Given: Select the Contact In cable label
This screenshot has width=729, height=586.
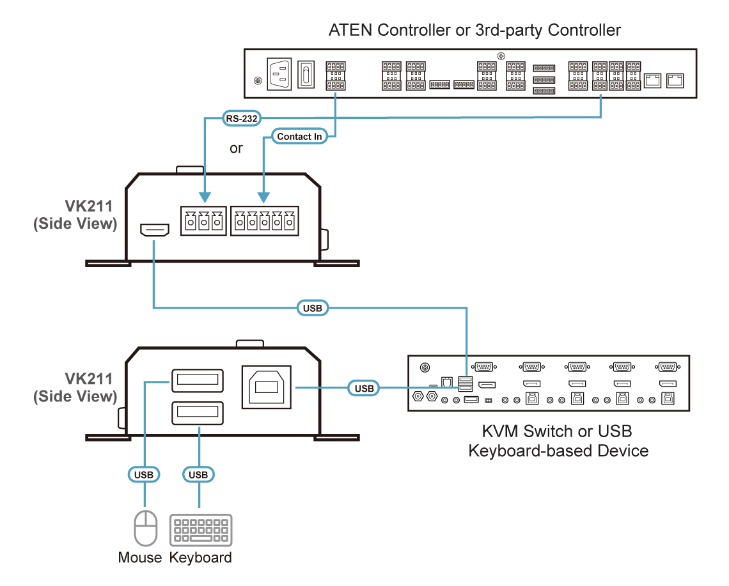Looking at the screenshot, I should tap(299, 136).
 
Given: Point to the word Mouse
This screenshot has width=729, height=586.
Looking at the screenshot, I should tap(141, 558).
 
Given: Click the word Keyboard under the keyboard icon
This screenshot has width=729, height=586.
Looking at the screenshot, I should tap(201, 558).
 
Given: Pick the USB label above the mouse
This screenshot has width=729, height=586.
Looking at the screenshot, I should tap(144, 475).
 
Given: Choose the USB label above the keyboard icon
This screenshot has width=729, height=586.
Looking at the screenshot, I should tap(199, 475).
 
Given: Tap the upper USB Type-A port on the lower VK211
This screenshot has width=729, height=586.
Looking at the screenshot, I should tap(198, 382).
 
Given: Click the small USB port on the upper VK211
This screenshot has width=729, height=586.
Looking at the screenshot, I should tap(153, 230).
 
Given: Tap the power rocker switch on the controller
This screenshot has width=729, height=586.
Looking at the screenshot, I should tap(307, 74).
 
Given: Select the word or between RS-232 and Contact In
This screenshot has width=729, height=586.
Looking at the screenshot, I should tap(237, 149).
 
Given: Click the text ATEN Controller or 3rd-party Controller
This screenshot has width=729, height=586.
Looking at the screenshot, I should tap(474, 30).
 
